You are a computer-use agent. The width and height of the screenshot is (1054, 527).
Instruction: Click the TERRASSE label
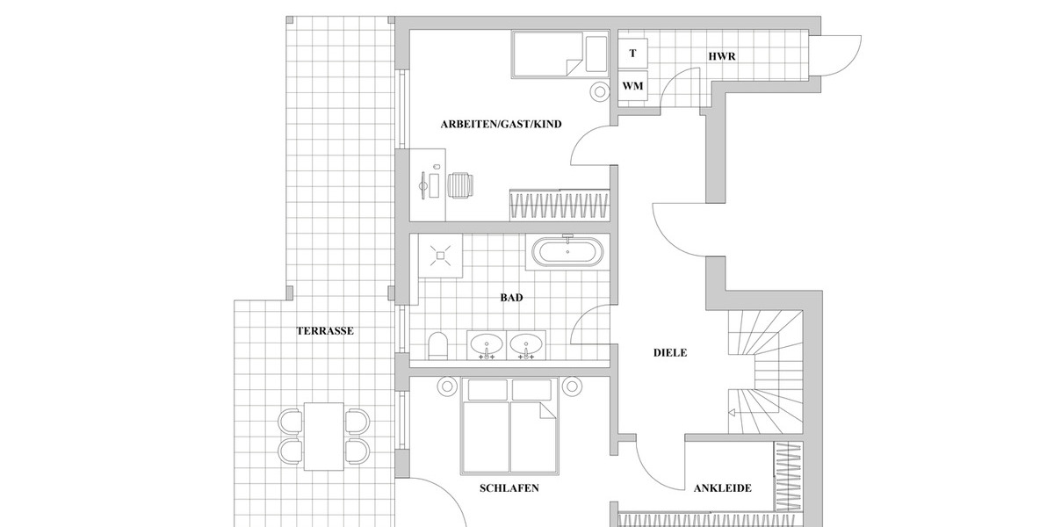tap(325, 331)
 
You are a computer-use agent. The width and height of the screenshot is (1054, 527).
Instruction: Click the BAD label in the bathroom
tap(511, 298)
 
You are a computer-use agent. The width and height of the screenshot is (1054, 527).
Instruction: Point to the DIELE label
tap(670, 353)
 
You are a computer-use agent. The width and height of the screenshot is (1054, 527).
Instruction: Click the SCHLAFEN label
tap(509, 487)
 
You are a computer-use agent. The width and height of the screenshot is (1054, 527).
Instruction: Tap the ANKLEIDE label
tap(722, 488)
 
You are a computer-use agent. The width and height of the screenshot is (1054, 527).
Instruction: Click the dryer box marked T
tap(633, 53)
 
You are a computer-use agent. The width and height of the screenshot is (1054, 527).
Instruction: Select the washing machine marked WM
tap(633, 86)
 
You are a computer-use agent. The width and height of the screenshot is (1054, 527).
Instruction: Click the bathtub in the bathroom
tap(567, 253)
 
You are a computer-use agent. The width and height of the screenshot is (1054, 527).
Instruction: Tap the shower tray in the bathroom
tap(441, 256)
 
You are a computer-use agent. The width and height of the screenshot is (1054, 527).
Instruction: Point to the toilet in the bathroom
tap(437, 344)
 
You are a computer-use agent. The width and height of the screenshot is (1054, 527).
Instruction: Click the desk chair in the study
tap(462, 185)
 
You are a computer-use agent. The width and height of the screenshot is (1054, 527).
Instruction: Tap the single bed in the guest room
tap(559, 55)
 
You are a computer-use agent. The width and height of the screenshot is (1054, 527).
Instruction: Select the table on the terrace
tap(325, 437)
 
